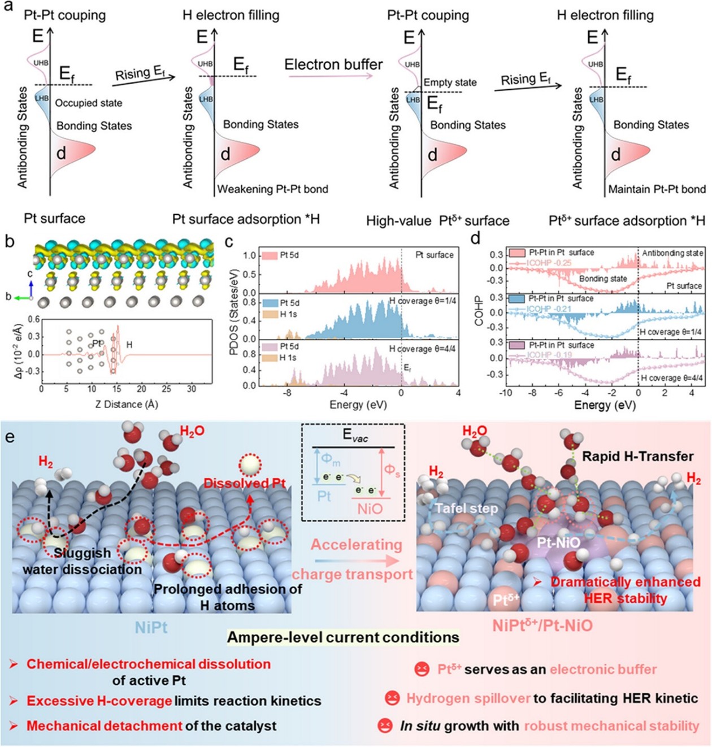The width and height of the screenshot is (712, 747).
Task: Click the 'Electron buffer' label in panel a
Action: tap(333, 64)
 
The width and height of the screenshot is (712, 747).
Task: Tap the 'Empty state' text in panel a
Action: tap(450, 82)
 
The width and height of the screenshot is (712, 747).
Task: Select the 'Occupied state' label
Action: tap(89, 103)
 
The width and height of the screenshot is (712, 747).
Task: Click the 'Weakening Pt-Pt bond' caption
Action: tap(273, 189)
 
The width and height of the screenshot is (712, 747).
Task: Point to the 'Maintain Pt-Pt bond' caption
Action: tap(657, 189)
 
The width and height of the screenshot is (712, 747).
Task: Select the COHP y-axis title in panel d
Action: tap(480, 311)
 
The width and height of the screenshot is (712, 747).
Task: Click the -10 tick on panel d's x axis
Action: tap(506, 393)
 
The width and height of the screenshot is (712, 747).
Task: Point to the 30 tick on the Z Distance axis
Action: tap(192, 389)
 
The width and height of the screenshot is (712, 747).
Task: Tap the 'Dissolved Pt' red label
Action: tap(244, 483)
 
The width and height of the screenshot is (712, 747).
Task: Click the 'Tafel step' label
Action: tap(466, 509)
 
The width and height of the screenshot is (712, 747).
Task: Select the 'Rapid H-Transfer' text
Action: tap(638, 456)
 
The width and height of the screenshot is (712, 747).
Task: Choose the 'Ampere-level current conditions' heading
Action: tap(343, 637)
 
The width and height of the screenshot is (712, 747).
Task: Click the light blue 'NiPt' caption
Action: tap(151, 627)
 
